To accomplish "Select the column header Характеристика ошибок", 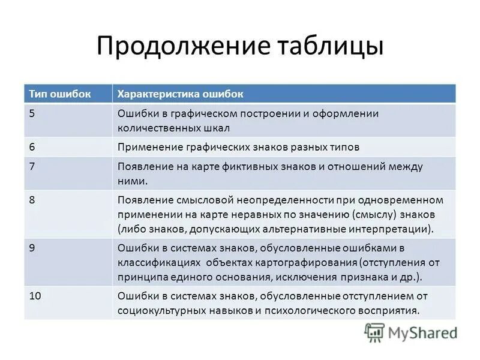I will point(180,94).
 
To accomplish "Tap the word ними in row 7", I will point(131,181).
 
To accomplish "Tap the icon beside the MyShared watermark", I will point(375,332).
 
